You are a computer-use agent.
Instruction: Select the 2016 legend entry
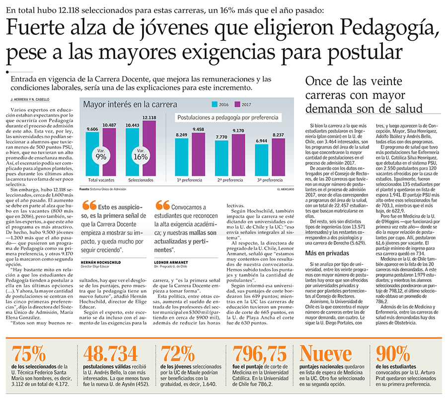pos(219,104)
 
